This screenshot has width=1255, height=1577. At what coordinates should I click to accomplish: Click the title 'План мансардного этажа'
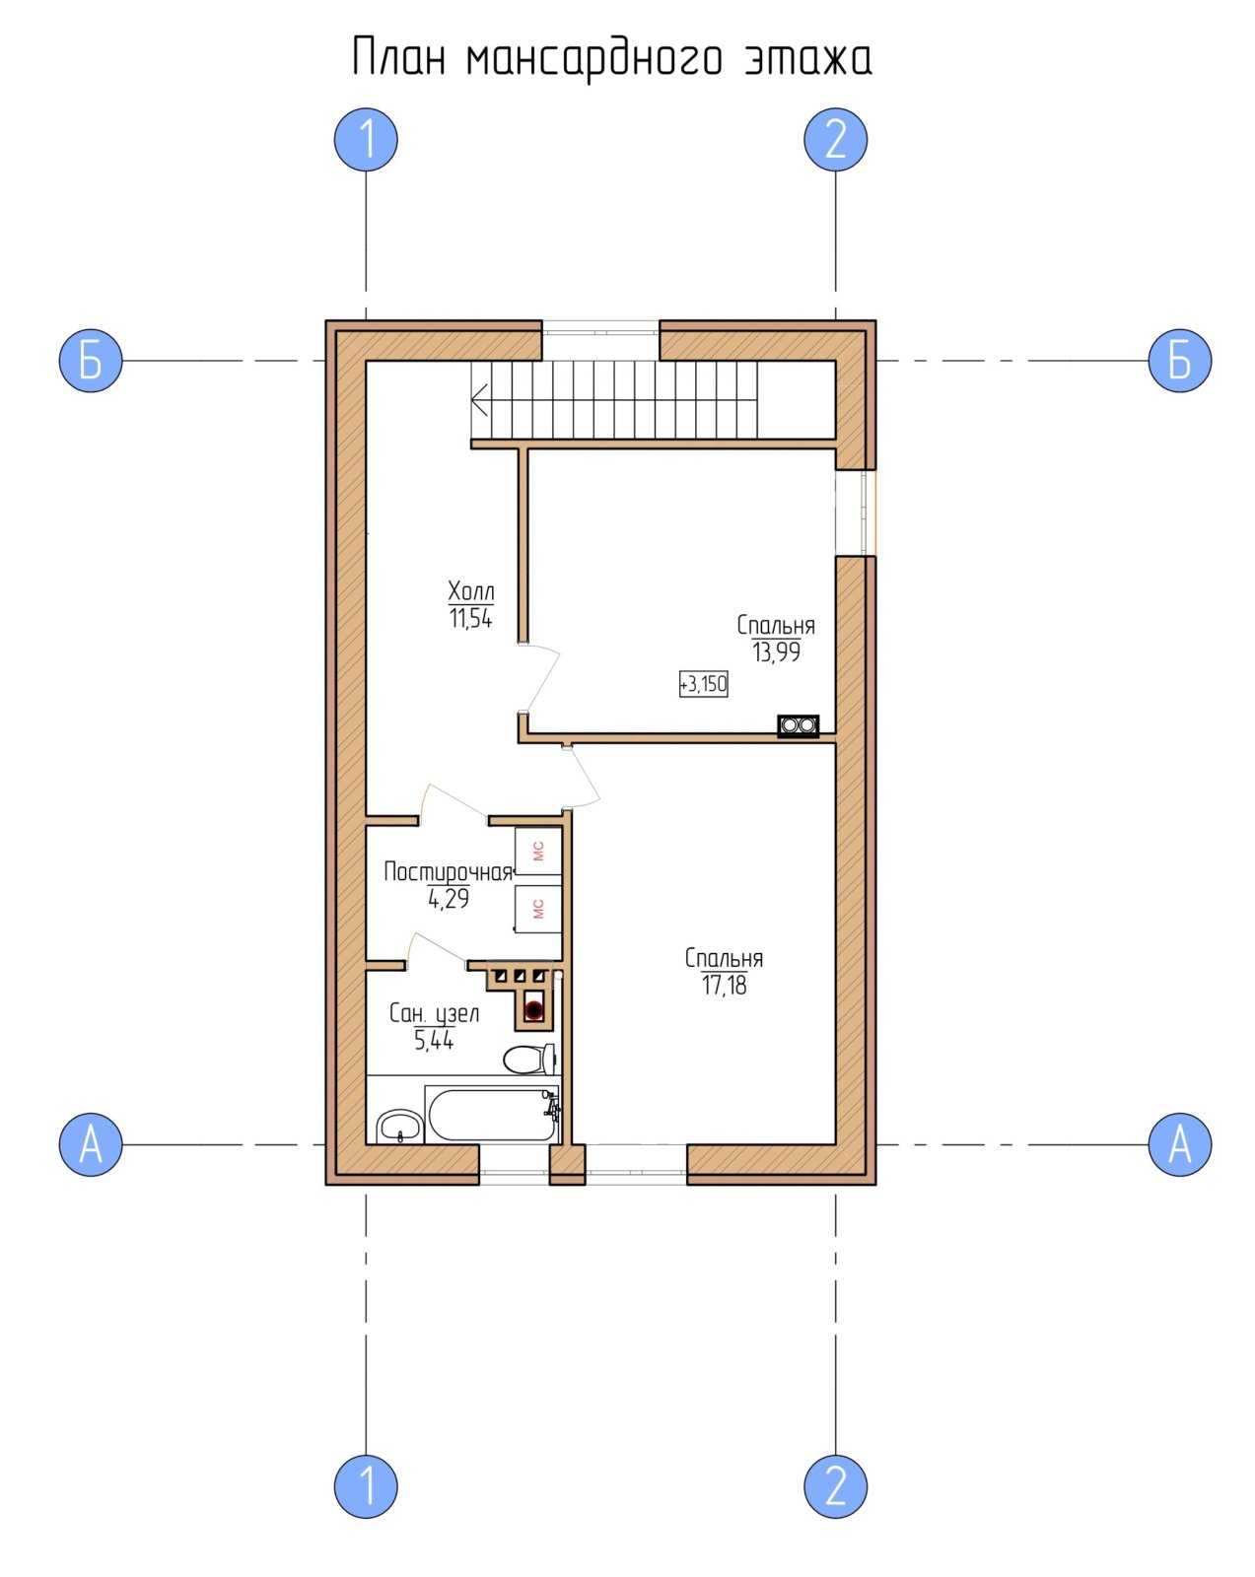click(x=612, y=58)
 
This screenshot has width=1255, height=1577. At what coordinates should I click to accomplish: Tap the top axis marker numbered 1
click(x=366, y=139)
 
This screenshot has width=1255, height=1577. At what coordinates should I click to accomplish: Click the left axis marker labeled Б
click(x=90, y=361)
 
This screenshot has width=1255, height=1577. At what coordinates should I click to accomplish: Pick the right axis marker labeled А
click(x=1179, y=1144)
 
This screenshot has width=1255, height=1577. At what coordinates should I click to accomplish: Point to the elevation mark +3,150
click(x=703, y=684)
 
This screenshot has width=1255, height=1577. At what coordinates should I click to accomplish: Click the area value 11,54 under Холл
click(x=470, y=619)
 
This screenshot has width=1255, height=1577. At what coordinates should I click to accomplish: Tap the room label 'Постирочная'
click(x=448, y=872)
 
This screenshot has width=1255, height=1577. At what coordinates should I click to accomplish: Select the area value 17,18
click(x=725, y=986)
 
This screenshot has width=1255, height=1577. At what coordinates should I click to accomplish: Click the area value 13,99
click(x=776, y=651)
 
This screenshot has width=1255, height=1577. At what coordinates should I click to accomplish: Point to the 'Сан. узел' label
click(x=434, y=1014)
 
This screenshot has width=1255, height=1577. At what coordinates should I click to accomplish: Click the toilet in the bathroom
click(x=529, y=1060)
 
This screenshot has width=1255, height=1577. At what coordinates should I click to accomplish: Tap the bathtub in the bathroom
click(x=491, y=1115)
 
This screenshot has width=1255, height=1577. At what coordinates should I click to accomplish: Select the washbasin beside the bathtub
click(x=399, y=1126)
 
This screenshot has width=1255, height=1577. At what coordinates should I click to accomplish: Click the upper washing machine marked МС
click(x=538, y=851)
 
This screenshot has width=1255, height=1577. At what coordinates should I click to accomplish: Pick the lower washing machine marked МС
click(x=538, y=909)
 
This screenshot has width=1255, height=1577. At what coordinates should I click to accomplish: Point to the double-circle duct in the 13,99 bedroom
click(x=798, y=725)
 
